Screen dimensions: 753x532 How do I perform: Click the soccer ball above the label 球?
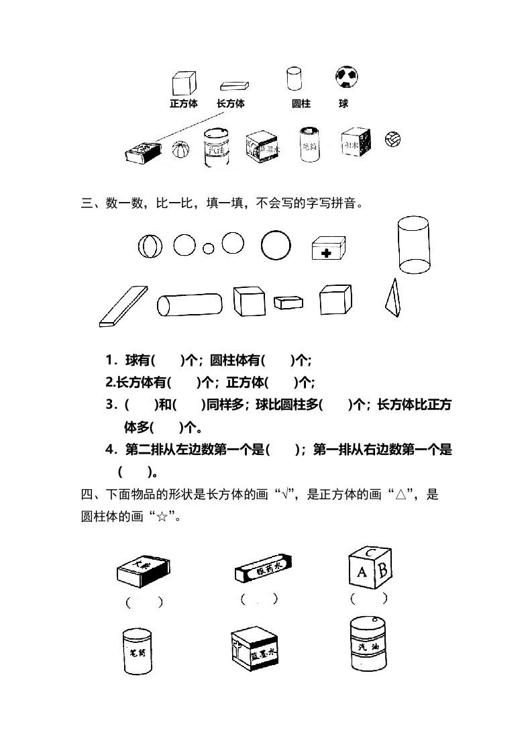[345, 77]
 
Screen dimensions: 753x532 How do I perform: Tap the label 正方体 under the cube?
[183, 104]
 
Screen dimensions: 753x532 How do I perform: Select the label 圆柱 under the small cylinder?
[301, 104]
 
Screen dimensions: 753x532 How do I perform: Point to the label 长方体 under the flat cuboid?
[230, 104]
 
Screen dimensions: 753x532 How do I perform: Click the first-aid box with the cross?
[328, 249]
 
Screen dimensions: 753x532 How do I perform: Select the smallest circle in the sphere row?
[209, 248]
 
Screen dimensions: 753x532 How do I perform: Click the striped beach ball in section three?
[150, 246]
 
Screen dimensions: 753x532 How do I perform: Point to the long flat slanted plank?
[123, 305]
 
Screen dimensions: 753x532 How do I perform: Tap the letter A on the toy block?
[362, 572]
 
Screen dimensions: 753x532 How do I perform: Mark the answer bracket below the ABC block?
[369, 598]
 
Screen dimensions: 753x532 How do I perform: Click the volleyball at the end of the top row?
[393, 139]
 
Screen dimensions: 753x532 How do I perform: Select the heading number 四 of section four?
[86, 495]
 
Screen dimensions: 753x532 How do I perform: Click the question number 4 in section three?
[109, 450]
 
